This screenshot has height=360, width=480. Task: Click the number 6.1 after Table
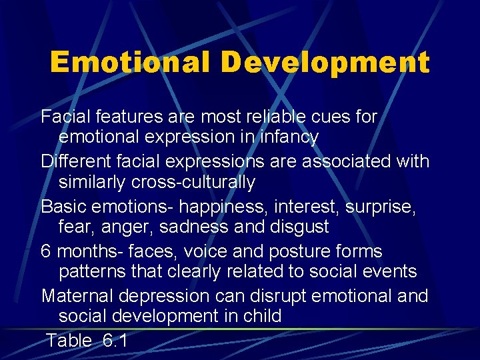click(x=115, y=341)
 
